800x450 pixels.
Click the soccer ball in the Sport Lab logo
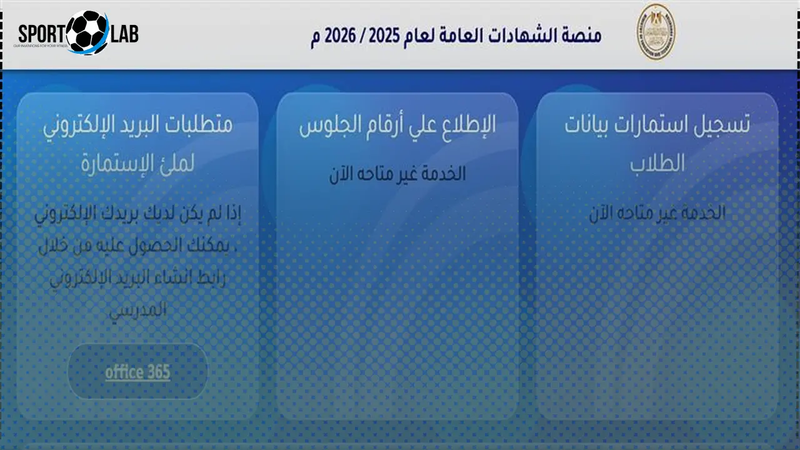[87, 32]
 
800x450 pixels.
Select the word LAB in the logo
[123, 34]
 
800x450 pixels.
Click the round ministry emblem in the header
[656, 32]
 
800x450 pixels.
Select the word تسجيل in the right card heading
[725, 125]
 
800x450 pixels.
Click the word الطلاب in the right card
[657, 164]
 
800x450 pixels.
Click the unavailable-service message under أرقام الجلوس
[397, 174]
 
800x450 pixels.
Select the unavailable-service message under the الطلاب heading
[657, 213]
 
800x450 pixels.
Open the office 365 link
[137, 372]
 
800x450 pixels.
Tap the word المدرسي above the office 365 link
[137, 311]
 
